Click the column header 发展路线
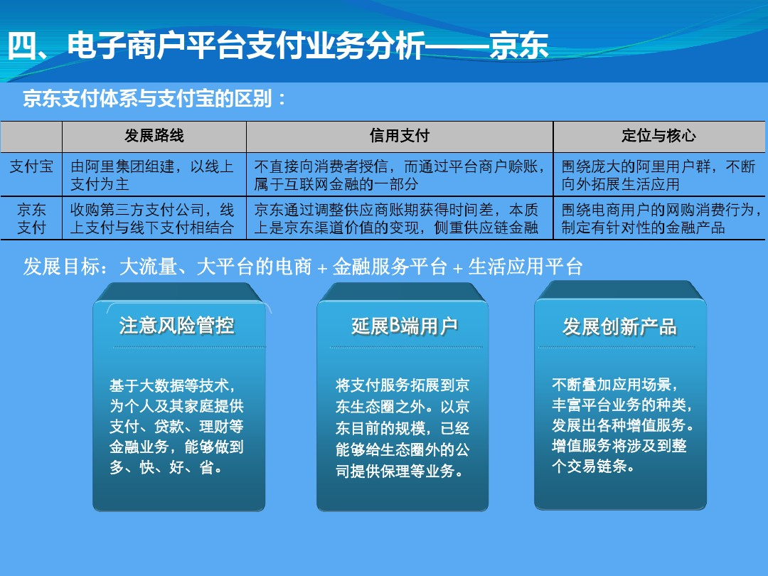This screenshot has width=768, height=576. coord(154,136)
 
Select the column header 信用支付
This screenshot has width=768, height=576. coord(399,136)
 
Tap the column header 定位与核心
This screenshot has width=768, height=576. coord(658,136)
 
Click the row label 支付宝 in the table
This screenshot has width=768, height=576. coord(31,166)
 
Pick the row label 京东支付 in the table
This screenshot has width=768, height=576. coord(31,218)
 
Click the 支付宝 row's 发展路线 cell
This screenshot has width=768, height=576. coord(152,175)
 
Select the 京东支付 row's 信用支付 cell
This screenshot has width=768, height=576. coord(396,218)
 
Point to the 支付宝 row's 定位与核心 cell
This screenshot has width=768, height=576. coord(658,175)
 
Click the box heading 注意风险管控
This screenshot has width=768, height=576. coord(177,325)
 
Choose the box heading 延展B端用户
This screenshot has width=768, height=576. coord(405,326)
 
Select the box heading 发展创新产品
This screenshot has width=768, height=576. coord(619,326)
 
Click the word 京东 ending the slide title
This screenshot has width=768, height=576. coord(518,46)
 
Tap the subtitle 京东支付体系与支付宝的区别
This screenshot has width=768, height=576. coord(147,99)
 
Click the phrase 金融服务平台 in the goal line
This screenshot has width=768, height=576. coord(390,267)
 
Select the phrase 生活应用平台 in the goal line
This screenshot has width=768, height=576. coord(526,267)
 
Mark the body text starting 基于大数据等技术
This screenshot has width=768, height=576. coord(176,426)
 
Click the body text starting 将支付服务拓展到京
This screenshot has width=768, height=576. coord(402,427)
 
